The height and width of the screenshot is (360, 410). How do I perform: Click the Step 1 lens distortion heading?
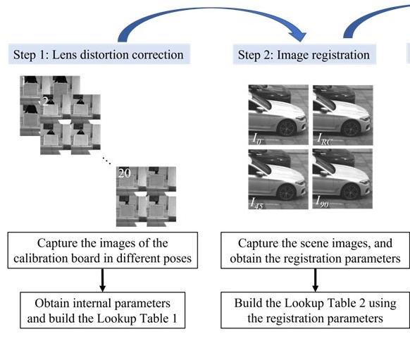coord(99,54)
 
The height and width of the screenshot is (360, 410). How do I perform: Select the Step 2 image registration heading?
coord(304,55)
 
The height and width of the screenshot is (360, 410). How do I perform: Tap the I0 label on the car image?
coord(256,139)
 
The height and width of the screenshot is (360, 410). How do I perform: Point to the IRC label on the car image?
coord(325,139)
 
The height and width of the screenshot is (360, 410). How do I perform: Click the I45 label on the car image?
coord(256,203)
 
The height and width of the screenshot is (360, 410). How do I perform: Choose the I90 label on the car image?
coord(322,201)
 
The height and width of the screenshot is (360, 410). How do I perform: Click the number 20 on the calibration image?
coord(124,173)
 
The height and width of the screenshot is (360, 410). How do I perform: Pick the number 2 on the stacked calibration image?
coord(45,101)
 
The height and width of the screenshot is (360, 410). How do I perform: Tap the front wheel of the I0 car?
coord(287,128)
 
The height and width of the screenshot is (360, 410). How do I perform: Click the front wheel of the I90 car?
coord(351,192)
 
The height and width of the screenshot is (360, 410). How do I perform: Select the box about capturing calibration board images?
coord(103,250)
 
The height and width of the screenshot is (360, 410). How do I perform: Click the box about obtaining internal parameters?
coord(103,310)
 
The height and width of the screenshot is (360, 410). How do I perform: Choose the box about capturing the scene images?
coord(315,250)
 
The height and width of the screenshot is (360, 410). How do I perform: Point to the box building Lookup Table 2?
coord(315,310)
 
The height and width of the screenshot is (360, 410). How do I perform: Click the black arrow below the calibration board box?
coord(103,280)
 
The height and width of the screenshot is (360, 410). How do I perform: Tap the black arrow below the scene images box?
coord(315,280)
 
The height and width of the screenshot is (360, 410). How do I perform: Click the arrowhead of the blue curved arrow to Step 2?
coord(298,36)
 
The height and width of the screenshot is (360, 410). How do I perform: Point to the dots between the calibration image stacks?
coord(106,160)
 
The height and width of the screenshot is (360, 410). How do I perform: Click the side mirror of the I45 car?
coord(259,174)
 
